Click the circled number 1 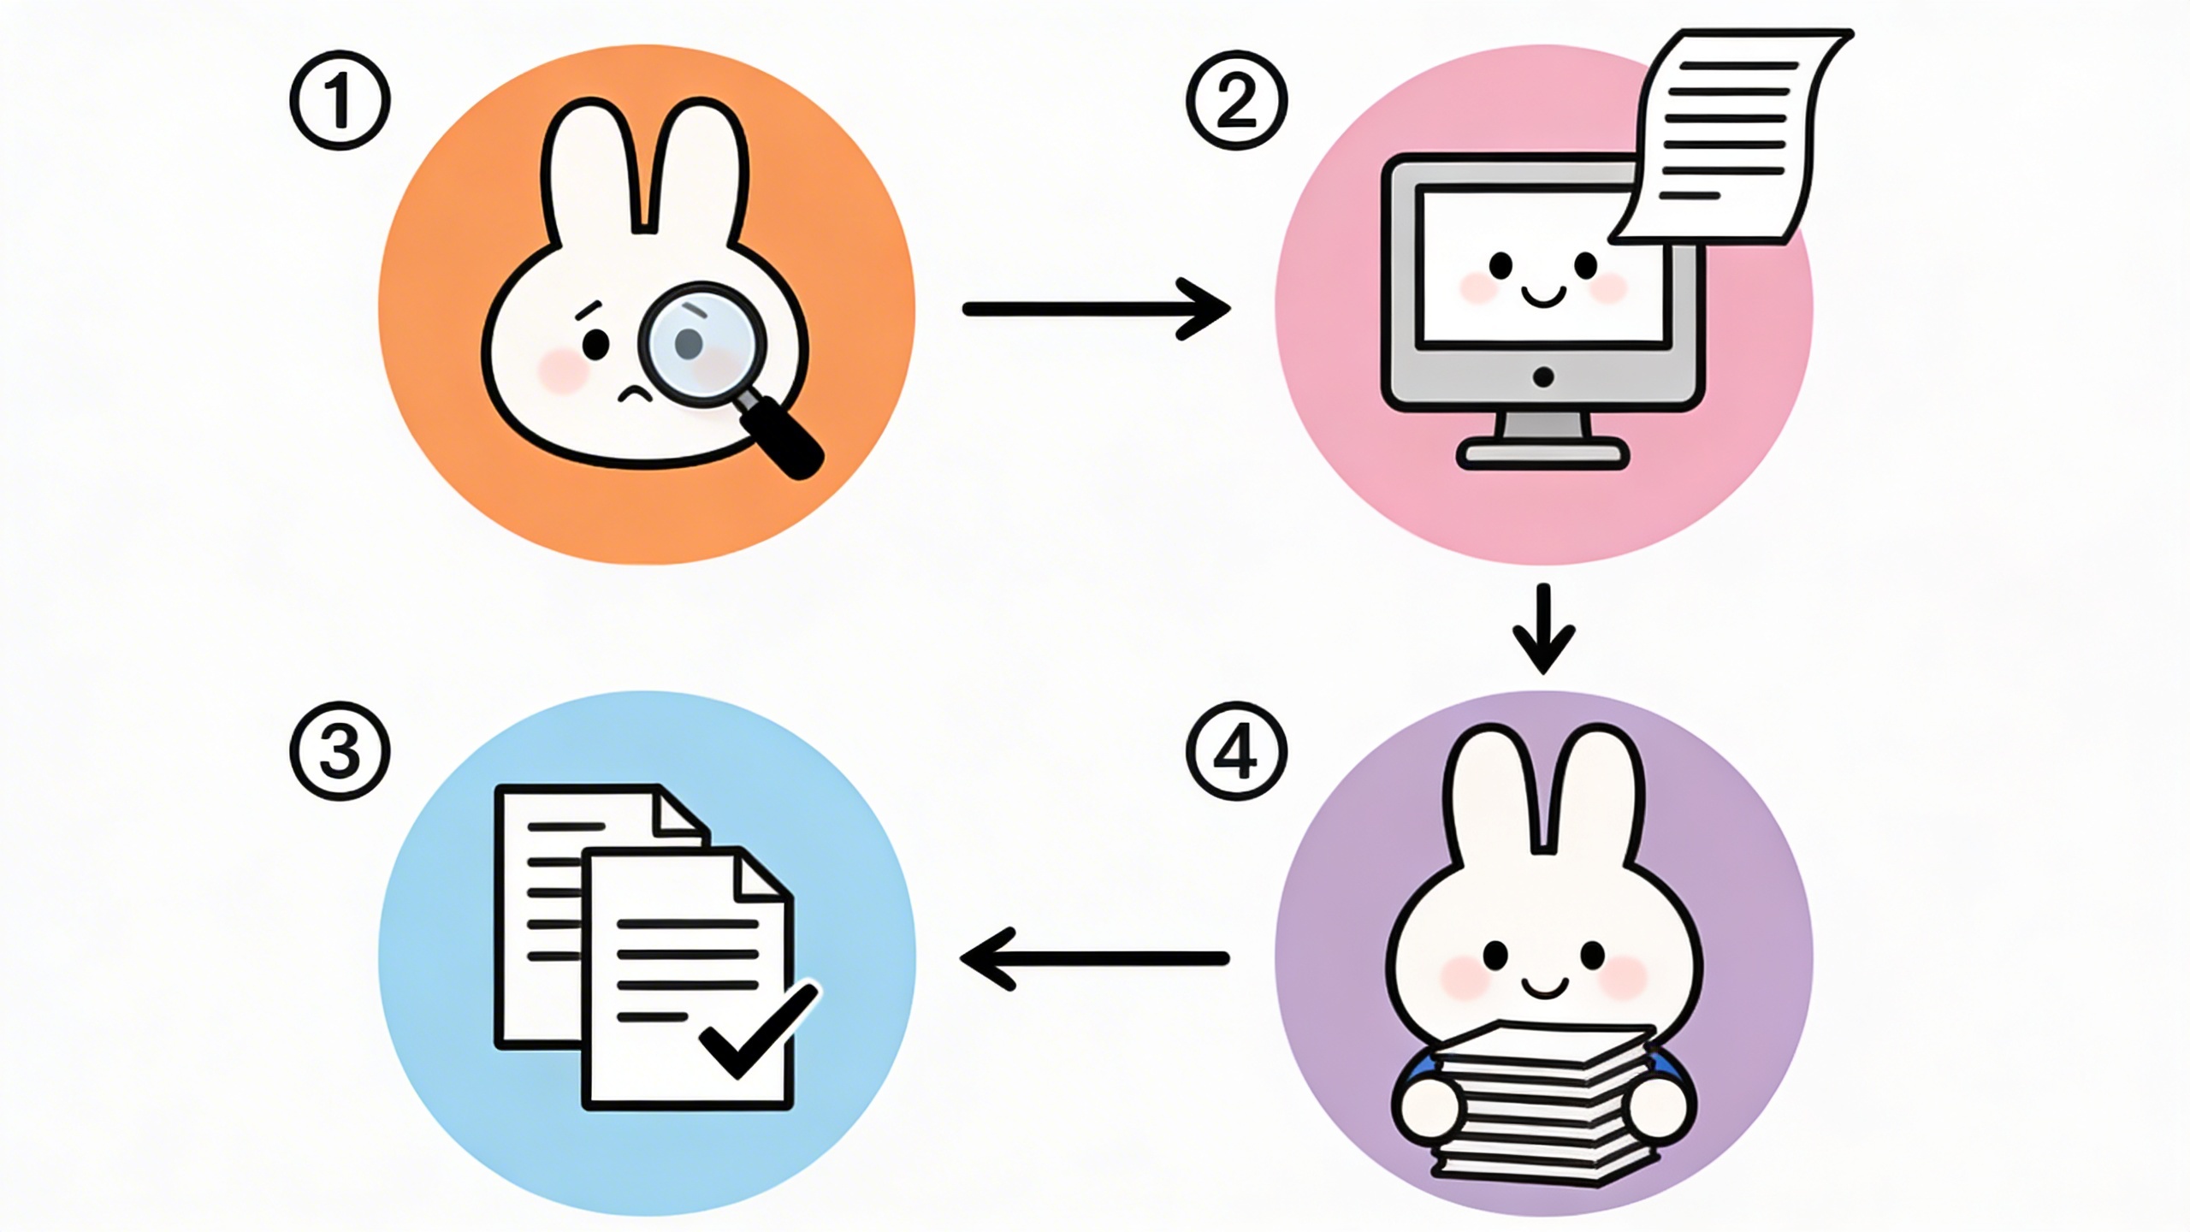point(340,100)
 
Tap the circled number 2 point(1237,100)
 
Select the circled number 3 point(340,750)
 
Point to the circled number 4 point(1237,750)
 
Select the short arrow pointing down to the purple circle point(1543,629)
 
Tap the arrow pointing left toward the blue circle point(1094,959)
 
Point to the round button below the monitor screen point(1543,377)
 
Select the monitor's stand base point(1542,453)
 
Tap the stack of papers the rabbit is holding point(1543,1105)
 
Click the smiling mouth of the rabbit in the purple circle point(1543,988)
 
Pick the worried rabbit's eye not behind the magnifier point(596,345)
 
